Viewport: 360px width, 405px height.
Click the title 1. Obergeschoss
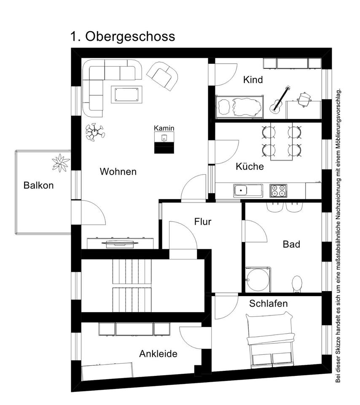[x=122, y=37]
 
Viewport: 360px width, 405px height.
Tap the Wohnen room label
[x=118, y=172]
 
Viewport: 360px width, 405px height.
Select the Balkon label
[x=39, y=185]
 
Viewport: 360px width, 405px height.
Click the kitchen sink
[x=247, y=191]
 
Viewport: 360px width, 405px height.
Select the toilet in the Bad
[x=297, y=283]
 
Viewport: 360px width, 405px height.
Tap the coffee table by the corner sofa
[x=126, y=94]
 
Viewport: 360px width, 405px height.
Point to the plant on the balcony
[x=61, y=163]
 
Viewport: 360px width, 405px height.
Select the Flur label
[x=203, y=221]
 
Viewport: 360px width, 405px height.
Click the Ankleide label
[x=158, y=354]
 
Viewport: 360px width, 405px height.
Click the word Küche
[x=250, y=167]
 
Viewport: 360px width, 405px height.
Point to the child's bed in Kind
[x=239, y=106]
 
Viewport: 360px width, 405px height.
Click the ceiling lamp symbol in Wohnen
[x=95, y=132]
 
